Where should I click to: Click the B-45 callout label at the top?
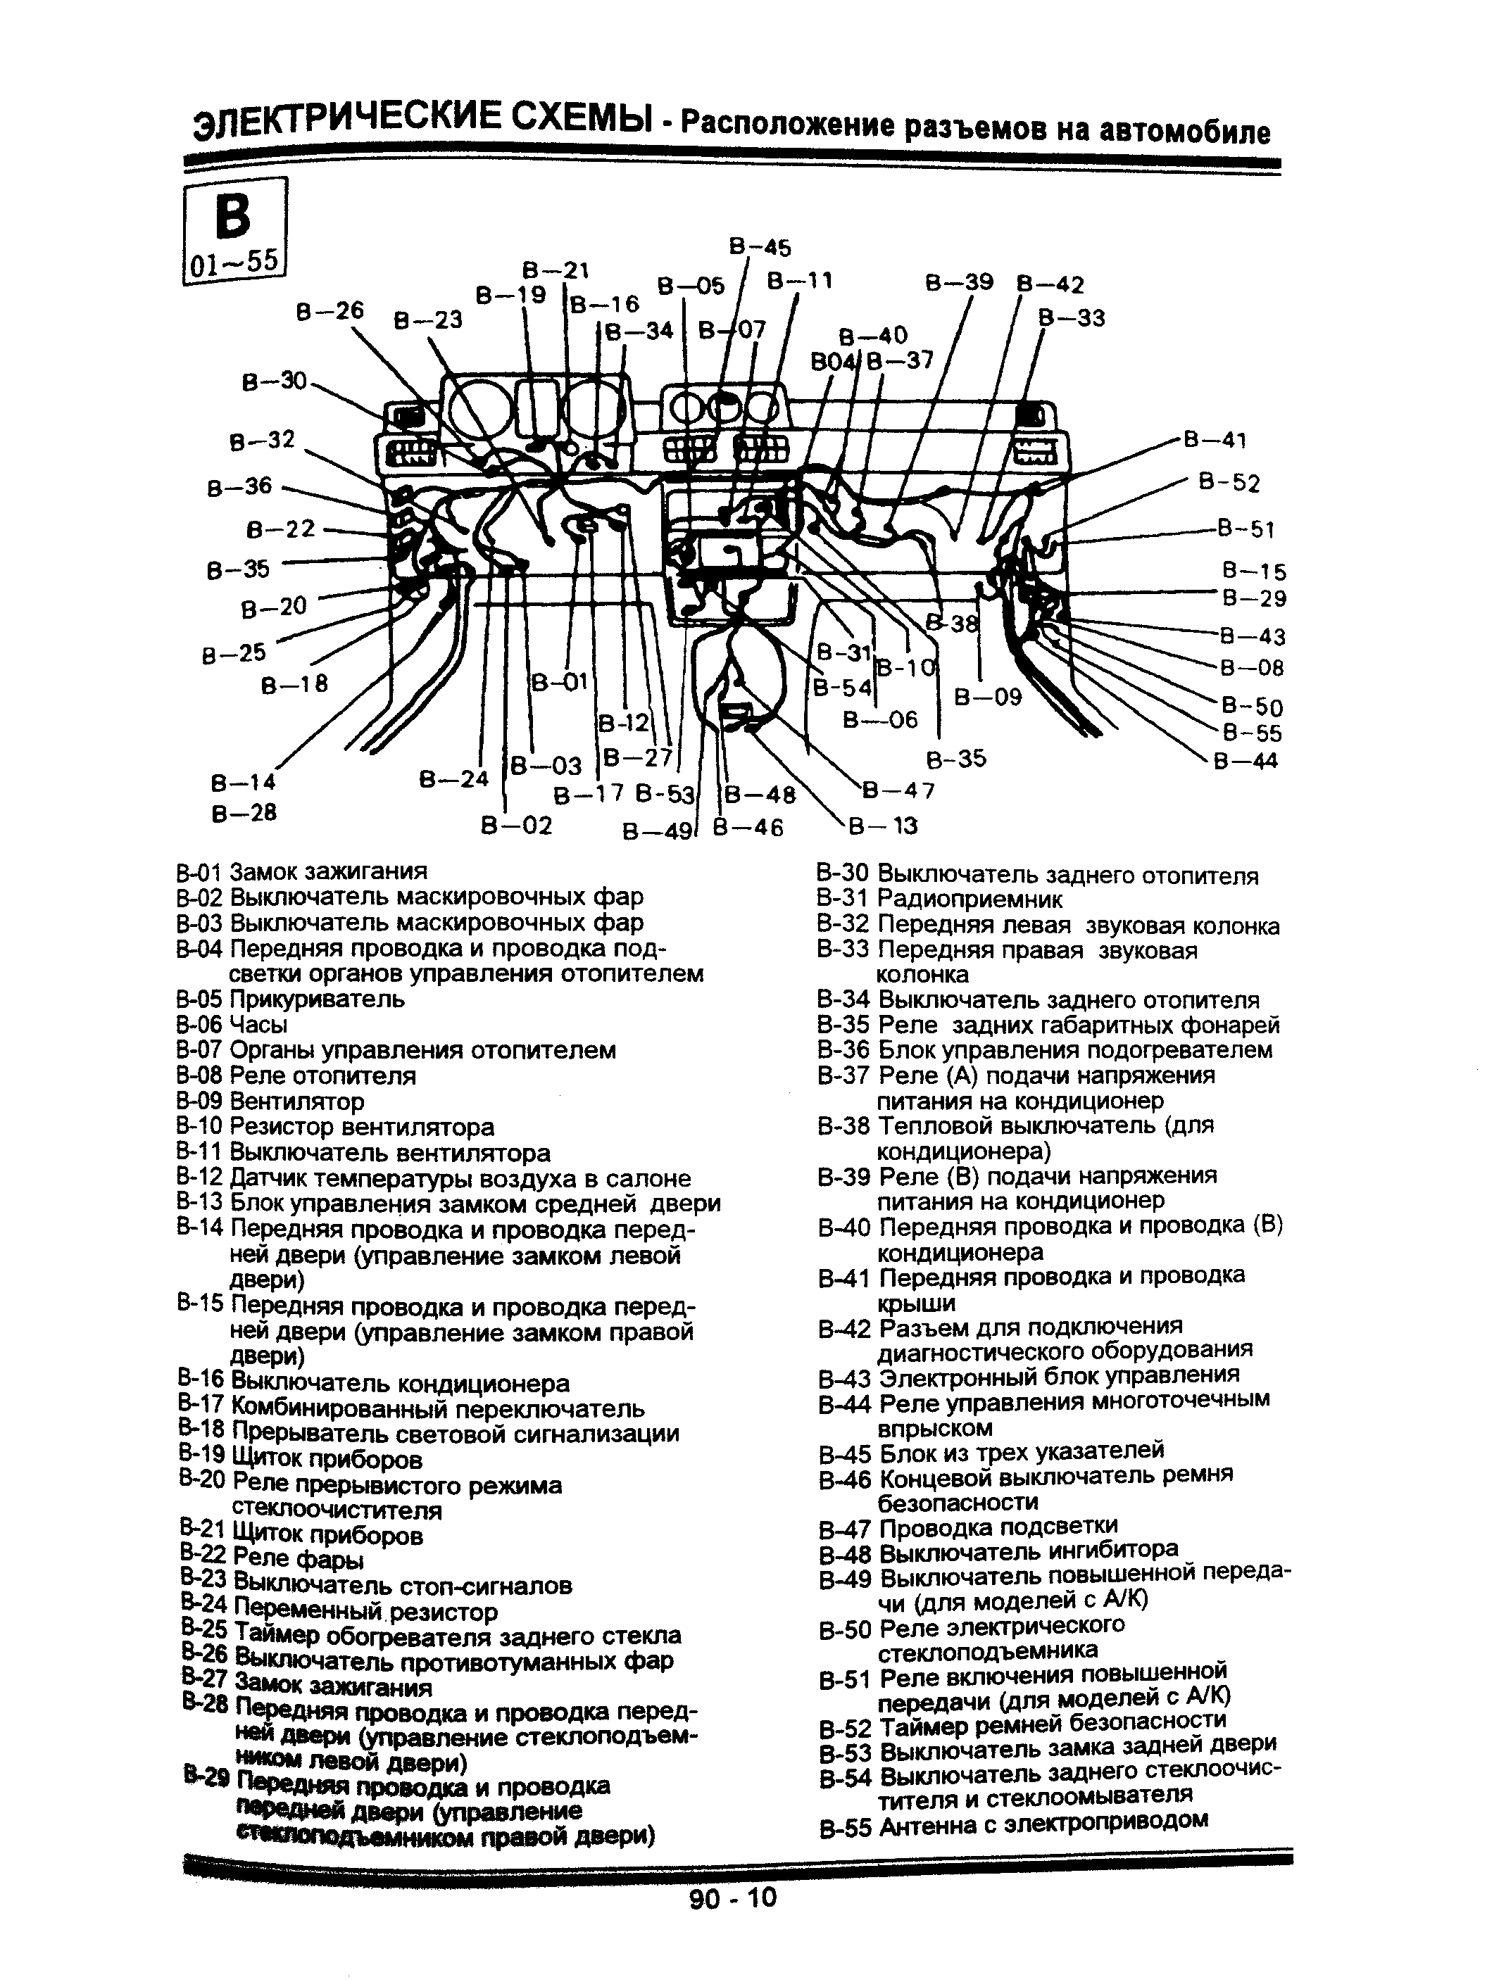pyautogui.click(x=759, y=247)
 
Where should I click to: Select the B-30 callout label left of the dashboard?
pyautogui.click(x=275, y=381)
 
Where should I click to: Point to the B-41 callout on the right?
pyautogui.click(x=1215, y=440)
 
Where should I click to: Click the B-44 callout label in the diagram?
pyautogui.click(x=1245, y=762)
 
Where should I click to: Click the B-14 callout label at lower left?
pyautogui.click(x=244, y=782)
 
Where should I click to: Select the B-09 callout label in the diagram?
pyautogui.click(x=987, y=697)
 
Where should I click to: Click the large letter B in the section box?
pyautogui.click(x=233, y=216)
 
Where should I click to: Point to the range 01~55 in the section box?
pyautogui.click(x=234, y=263)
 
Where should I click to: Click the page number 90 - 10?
pyautogui.click(x=733, y=1898)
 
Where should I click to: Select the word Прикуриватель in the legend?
pyautogui.click(x=318, y=999)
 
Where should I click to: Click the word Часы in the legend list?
pyautogui.click(x=258, y=1024)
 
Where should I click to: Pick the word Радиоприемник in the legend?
pyautogui.click(x=969, y=899)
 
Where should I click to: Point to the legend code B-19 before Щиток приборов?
pyautogui.click(x=201, y=1460)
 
